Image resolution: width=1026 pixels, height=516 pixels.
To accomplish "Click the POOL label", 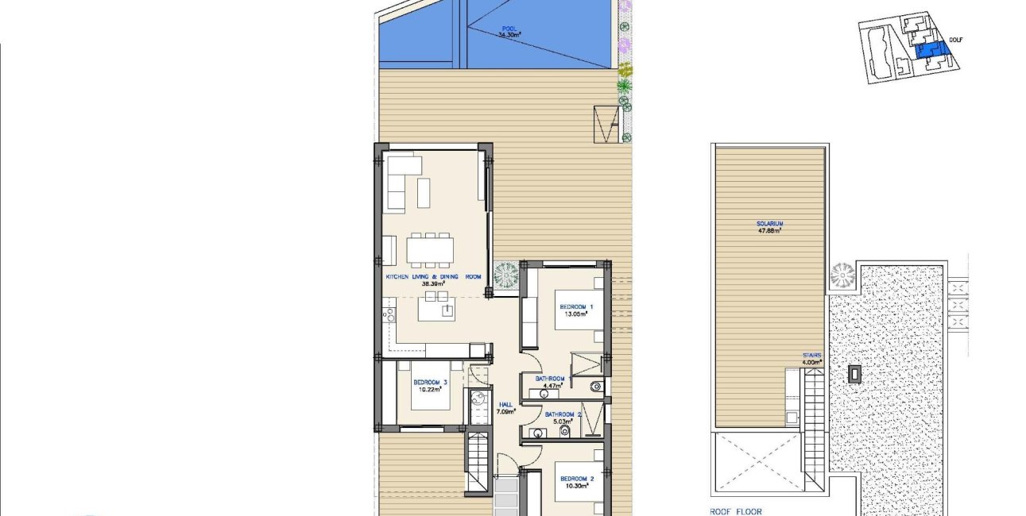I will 509,29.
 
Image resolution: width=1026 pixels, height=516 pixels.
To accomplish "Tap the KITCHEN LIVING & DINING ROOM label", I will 433,276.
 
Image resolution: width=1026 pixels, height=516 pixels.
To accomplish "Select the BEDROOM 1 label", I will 576,306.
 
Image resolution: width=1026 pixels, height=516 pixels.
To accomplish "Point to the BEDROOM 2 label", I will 576,479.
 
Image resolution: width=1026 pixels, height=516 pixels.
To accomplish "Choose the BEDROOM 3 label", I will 430,382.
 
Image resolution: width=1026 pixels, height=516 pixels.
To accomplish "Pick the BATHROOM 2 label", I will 563,414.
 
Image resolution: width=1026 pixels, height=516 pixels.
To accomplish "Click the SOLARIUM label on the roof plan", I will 769,224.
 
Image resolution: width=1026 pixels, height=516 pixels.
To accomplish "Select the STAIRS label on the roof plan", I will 811,356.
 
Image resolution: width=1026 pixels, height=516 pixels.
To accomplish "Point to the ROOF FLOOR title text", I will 735,512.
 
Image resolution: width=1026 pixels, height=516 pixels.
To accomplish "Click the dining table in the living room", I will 430,250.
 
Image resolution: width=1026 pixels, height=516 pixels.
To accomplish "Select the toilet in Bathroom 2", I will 565,431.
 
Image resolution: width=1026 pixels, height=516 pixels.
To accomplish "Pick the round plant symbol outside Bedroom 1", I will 505,275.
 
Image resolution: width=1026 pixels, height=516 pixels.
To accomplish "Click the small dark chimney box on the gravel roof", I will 854,374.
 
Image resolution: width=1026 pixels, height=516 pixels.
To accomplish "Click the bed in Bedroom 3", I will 430,391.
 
